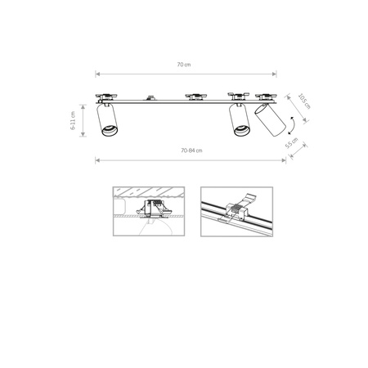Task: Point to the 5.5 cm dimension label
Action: [x=292, y=142]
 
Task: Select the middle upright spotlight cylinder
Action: [x=240, y=121]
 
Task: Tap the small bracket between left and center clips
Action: [x=151, y=97]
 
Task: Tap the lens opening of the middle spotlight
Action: [x=240, y=132]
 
